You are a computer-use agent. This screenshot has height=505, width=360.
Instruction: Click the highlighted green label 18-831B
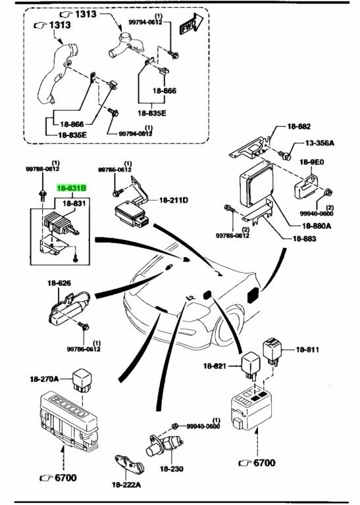pyautogui.click(x=72, y=188)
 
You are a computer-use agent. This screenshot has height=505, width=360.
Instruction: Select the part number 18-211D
pyautogui.click(x=173, y=201)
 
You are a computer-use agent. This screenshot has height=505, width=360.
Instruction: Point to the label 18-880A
pyautogui.click(x=317, y=226)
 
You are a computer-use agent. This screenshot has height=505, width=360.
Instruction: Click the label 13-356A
pyautogui.click(x=320, y=143)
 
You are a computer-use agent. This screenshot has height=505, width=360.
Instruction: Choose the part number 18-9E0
pyautogui.click(x=312, y=162)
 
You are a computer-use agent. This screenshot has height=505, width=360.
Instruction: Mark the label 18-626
pyautogui.click(x=59, y=283)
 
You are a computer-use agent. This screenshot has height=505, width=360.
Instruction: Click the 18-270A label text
pyautogui.click(x=45, y=379)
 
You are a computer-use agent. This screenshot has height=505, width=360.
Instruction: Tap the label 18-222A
pyautogui.click(x=126, y=485)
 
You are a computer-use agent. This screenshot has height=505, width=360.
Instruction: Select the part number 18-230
pyautogui.click(x=172, y=469)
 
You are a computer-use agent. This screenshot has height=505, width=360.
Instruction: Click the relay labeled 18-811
pyautogui.click(x=272, y=352)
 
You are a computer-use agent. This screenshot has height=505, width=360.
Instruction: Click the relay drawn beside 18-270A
pyautogui.click(x=82, y=380)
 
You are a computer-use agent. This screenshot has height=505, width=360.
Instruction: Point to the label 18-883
pyautogui.click(x=304, y=239)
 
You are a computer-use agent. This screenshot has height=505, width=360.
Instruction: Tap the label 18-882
pyautogui.click(x=299, y=126)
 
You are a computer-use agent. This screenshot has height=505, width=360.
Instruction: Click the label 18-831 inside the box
pyautogui.click(x=74, y=204)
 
